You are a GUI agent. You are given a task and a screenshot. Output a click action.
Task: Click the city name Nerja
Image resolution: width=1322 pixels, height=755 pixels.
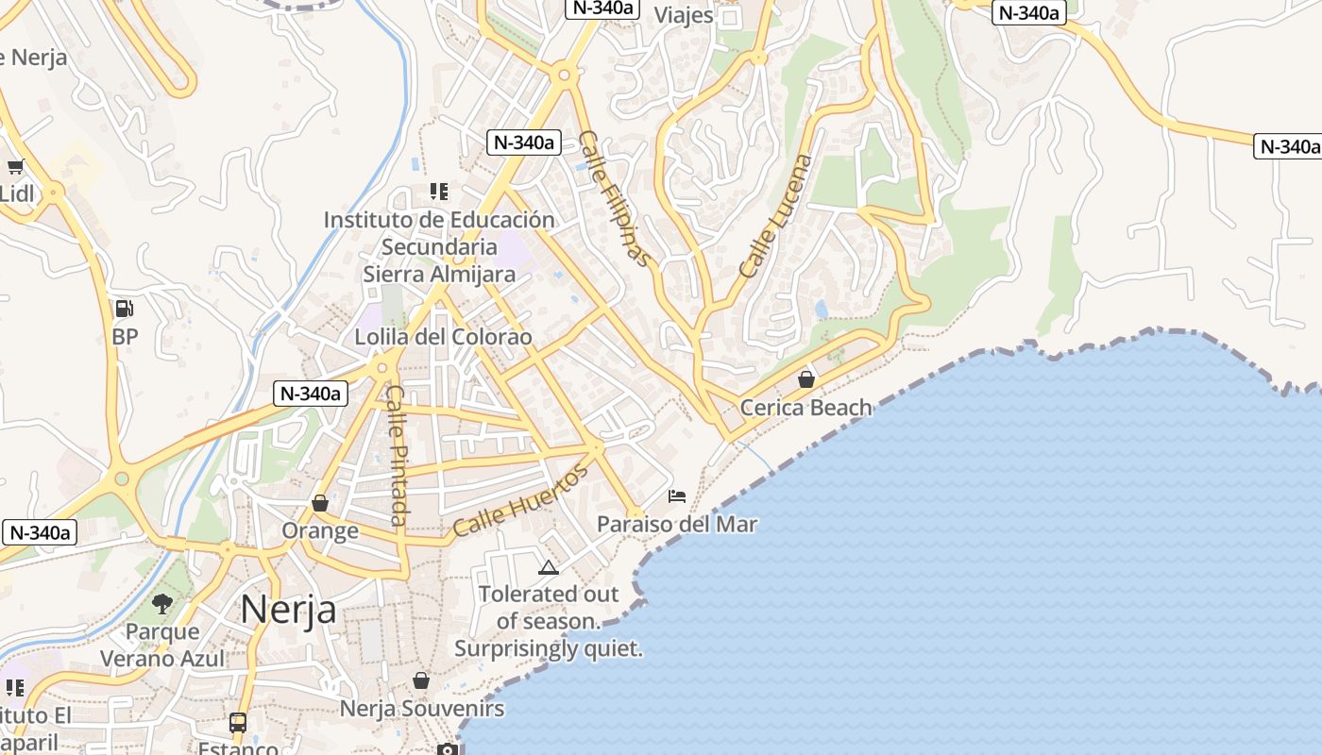(288, 609)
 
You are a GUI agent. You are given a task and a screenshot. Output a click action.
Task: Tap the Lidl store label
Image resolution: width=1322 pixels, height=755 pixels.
(16, 193)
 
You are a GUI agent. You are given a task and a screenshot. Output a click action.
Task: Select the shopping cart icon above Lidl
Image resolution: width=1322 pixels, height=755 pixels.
(15, 167)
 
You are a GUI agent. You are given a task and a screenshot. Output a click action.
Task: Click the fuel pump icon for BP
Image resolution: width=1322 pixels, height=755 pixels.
(124, 309)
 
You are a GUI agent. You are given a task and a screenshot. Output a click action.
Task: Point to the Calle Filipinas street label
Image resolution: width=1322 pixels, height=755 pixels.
(615, 198)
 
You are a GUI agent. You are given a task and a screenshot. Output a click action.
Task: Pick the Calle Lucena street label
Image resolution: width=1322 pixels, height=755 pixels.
(775, 216)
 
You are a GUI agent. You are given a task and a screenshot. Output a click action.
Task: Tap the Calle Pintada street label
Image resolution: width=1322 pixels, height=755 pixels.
(398, 456)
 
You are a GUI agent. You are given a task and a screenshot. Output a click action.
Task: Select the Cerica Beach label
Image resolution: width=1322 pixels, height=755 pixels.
(805, 408)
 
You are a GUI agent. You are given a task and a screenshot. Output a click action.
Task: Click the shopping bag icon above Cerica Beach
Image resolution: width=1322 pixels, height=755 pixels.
(806, 379)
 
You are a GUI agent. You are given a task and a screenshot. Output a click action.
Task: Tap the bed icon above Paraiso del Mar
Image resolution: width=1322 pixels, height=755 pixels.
(677, 495)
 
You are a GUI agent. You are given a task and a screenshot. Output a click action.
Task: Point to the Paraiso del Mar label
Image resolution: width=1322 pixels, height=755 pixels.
(677, 524)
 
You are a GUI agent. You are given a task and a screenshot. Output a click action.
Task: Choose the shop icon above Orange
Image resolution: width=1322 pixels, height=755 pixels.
(320, 503)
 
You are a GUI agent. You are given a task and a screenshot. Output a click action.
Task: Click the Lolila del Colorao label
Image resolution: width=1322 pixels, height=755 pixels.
(443, 337)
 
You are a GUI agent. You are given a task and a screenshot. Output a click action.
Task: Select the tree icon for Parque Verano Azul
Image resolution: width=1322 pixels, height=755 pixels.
(162, 603)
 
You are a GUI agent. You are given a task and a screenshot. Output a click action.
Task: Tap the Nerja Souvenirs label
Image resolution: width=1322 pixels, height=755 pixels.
(422, 708)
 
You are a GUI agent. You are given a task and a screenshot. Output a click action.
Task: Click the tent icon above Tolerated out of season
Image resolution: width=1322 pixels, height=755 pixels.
(548, 567)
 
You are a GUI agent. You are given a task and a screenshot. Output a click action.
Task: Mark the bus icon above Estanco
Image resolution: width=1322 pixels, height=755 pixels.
(238, 723)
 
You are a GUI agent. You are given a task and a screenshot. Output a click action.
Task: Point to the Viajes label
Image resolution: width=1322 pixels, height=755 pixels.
(684, 15)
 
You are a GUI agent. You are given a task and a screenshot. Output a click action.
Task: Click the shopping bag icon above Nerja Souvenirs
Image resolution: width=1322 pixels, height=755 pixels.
(421, 680)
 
